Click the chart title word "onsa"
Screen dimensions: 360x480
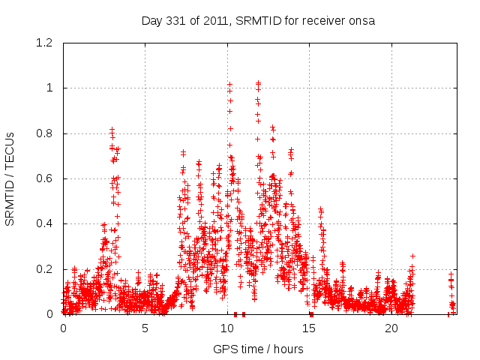tap(361, 20)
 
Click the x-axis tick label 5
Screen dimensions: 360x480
tap(145, 328)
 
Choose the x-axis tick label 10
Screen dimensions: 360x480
tap(228, 328)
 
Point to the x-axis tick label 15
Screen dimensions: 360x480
tap(310, 328)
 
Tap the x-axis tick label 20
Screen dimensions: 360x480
tap(392, 328)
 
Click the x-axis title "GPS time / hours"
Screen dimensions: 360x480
tap(258, 349)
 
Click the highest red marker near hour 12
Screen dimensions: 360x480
tap(258, 82)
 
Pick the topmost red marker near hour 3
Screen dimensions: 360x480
tap(112, 130)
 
